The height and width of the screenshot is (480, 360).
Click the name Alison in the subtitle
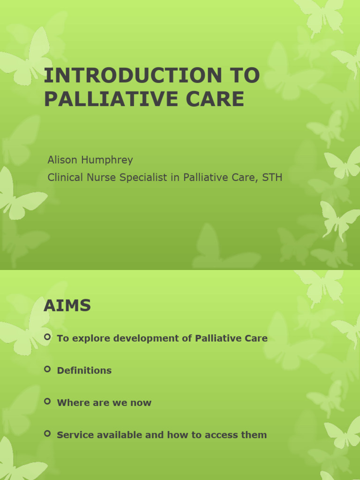pyautogui.click(x=63, y=160)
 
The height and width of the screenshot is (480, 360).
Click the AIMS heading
pyautogui.click(x=67, y=306)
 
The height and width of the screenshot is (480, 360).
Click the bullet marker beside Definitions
pyautogui.click(x=47, y=369)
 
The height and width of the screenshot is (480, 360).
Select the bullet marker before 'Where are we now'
pyautogui.click(x=47, y=401)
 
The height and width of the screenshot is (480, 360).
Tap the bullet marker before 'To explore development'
pyautogui.click(x=47, y=337)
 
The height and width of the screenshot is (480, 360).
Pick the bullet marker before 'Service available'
pyautogui.click(x=47, y=434)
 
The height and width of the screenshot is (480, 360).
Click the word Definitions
pyautogui.click(x=84, y=370)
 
